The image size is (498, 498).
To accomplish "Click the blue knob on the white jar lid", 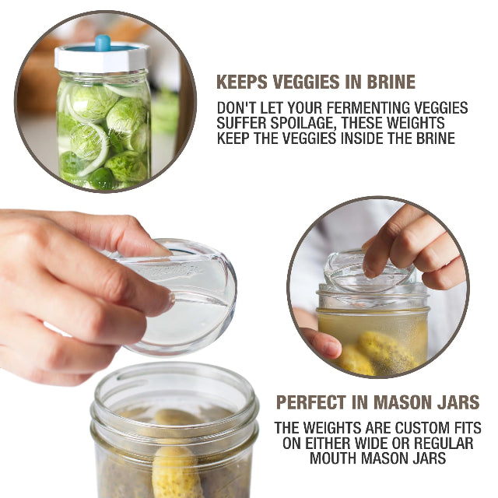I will (102, 42).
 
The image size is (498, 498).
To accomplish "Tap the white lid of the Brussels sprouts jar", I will (101, 59).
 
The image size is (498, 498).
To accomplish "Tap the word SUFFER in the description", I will (242, 123).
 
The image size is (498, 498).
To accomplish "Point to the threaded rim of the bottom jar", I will (175, 389).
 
